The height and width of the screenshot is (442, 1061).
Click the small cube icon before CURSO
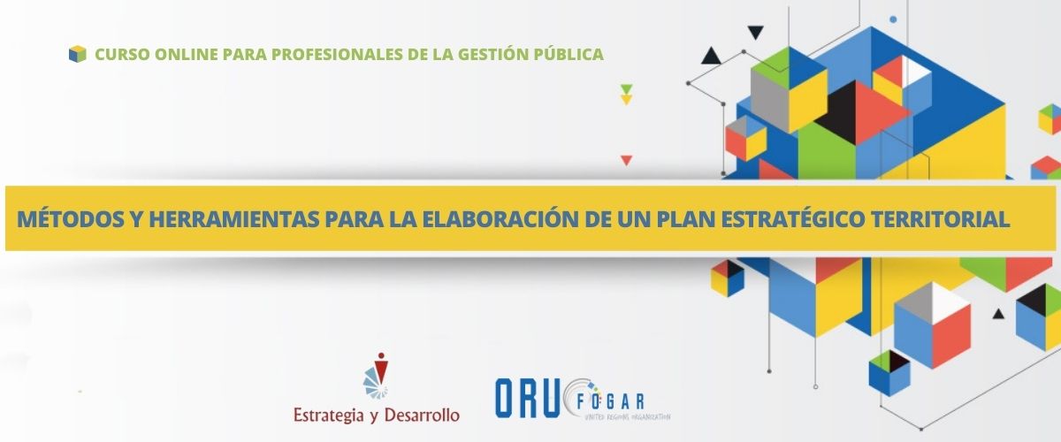tap(78, 54)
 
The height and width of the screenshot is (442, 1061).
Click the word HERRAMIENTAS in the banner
tap(234, 219)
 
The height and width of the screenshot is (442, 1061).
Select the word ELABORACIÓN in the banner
tap(500, 219)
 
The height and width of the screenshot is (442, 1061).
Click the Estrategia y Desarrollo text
tap(377, 415)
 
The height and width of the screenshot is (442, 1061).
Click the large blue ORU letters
tap(527, 399)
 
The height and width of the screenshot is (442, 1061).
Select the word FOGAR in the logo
tap(611, 401)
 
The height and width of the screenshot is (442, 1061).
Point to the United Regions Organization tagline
tap(628, 417)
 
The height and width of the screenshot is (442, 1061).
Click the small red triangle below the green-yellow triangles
tap(627, 160)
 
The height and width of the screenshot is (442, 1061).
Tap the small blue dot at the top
tap(893, 19)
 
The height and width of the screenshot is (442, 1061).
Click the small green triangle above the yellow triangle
tap(627, 88)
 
